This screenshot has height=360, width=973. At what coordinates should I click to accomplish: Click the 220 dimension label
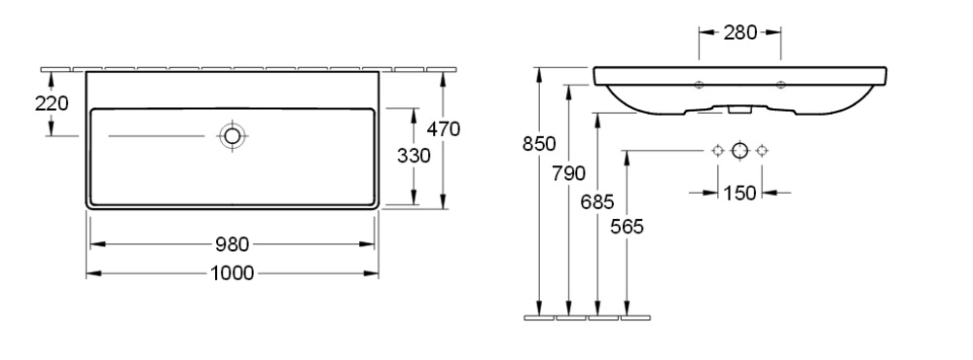[52, 104]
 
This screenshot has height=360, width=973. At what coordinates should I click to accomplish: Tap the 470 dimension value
[444, 129]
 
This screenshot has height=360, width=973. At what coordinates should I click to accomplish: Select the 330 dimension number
[414, 156]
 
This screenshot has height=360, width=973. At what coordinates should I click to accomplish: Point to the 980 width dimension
[233, 244]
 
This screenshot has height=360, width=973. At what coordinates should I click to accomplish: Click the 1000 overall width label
[233, 273]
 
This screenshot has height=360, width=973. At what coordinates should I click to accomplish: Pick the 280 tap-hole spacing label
[740, 32]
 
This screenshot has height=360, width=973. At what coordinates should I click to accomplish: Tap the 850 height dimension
[539, 144]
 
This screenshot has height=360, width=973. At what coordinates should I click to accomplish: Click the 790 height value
[568, 173]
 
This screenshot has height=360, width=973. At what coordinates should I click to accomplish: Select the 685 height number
[597, 201]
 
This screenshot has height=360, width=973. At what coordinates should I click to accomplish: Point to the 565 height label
[627, 227]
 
